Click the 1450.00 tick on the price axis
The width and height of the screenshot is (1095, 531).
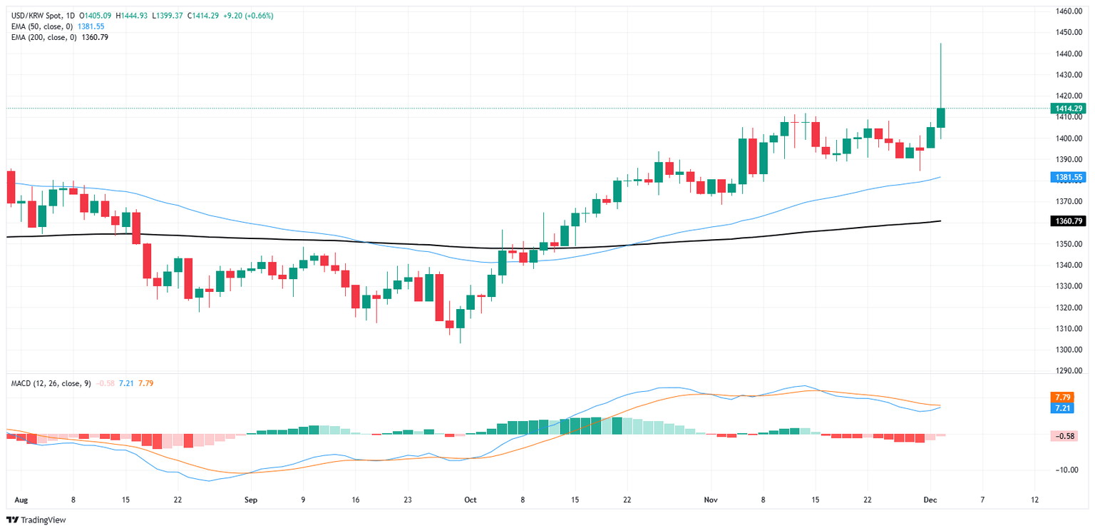tap(1069, 32)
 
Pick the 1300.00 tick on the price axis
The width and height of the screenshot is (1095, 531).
tap(1069, 350)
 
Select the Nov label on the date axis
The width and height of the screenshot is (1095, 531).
tap(710, 500)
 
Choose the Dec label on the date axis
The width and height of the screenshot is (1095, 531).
tap(929, 500)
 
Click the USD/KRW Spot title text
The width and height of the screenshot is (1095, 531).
tap(36, 15)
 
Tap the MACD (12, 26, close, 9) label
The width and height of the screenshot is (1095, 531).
tap(51, 383)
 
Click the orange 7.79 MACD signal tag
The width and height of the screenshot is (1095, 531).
tap(1061, 397)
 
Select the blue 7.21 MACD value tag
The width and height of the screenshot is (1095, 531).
tap(1061, 408)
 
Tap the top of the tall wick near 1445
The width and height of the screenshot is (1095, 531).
tap(940, 44)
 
